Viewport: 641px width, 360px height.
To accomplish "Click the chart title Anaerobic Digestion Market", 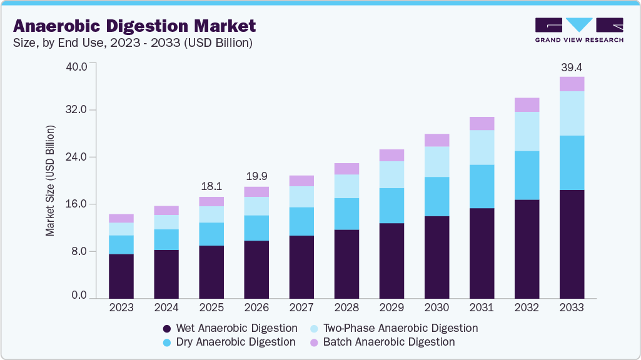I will [134, 26].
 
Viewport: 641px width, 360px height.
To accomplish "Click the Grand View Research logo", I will [578, 30].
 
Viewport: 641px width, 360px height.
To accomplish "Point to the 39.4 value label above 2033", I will [572, 67].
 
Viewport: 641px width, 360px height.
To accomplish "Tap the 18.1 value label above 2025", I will [211, 187].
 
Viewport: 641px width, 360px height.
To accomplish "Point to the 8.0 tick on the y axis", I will [83, 251].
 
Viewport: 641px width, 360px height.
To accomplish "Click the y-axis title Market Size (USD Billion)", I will [50, 181].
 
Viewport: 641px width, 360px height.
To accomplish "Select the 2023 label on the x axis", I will [121, 308].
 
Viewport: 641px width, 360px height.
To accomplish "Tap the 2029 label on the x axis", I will [391, 308].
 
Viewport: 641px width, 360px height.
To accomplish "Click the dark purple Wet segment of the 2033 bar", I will [572, 244].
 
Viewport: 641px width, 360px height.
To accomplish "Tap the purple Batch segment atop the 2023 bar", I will [121, 218].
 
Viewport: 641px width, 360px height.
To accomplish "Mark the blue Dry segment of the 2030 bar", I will [437, 196].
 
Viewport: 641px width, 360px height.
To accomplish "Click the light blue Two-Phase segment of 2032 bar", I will [527, 131].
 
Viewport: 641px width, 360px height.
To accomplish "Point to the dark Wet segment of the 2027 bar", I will [301, 267].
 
